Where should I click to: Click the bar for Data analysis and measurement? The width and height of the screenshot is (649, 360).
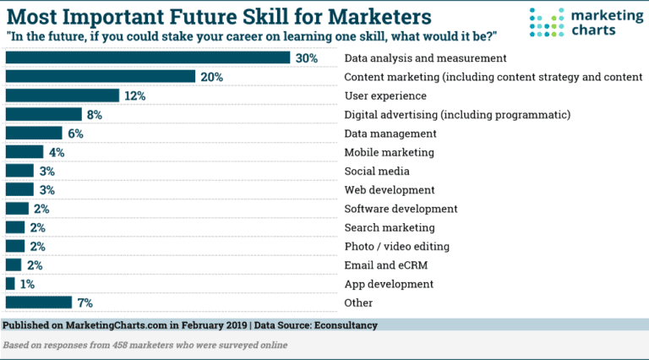pos(149,58)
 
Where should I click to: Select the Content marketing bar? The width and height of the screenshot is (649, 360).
pos(101,77)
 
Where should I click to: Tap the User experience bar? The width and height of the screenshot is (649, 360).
pos(63,95)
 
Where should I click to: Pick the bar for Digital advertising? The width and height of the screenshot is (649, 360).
pos(44,114)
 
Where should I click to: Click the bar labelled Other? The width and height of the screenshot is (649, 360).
pos(39,302)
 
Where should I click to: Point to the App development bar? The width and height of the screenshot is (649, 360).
pos(10,283)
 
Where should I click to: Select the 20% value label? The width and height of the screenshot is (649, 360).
pos(212,77)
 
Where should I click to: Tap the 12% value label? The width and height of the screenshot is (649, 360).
pos(135,95)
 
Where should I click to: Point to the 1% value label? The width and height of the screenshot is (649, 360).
pos(27,284)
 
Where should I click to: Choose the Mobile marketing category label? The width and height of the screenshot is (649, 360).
pos(389,153)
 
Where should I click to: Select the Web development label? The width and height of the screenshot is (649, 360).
pos(390,190)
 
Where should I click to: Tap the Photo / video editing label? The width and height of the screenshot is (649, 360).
pos(396,246)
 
